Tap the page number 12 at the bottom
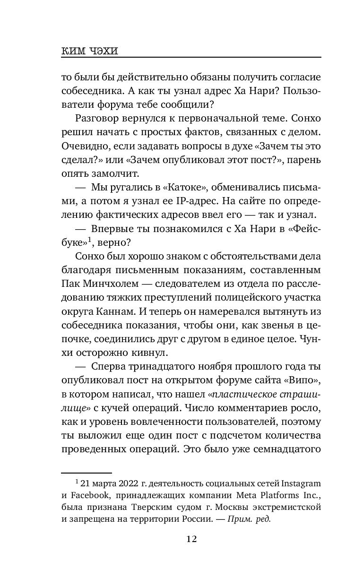(191, 538)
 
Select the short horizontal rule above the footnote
(86, 472)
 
